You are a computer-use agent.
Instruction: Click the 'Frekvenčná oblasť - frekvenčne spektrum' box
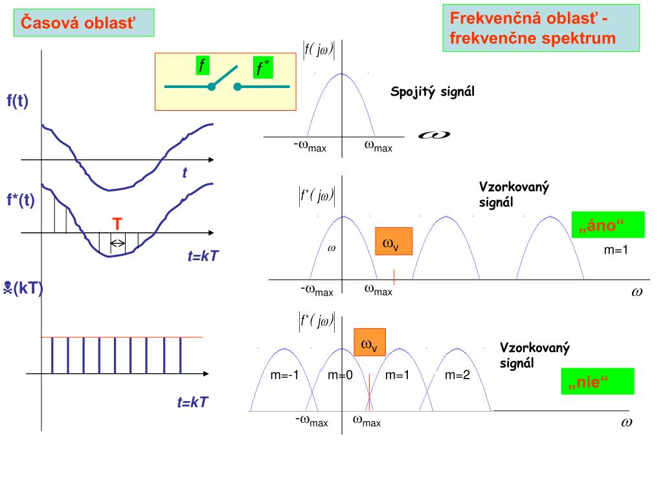541,28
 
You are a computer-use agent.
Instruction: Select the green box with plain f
203,65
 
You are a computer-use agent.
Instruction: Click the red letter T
117,225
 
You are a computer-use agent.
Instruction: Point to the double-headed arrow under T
118,243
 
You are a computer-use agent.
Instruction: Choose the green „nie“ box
597,381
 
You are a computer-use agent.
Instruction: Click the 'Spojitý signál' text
433,92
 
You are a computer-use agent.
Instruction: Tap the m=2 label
457,375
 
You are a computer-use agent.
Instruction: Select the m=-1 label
284,375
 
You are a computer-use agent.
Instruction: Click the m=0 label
340,375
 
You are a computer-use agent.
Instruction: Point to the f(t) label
17,101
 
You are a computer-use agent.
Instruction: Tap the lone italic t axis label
185,173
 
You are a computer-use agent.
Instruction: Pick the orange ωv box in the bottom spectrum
369,343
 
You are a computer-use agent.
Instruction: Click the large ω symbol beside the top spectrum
434,135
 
